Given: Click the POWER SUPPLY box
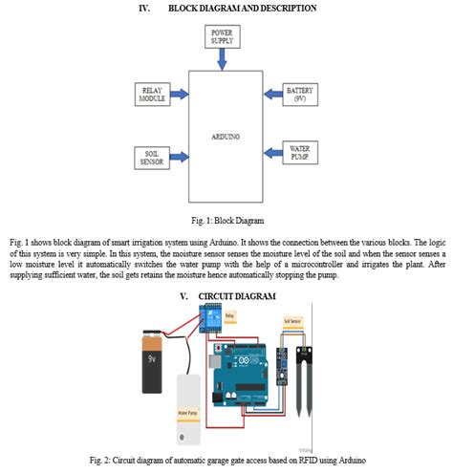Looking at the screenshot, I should point(222,37).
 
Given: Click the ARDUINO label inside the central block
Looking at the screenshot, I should point(225,136).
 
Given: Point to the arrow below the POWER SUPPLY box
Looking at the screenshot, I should point(222,59).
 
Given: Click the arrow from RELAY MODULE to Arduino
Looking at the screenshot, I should point(181,94).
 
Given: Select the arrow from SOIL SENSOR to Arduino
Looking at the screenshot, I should point(181,157).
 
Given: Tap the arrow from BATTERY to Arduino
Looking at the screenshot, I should point(268,94).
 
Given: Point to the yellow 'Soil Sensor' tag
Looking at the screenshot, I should point(294,322).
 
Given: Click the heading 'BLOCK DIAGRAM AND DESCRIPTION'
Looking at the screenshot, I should point(242,8).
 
